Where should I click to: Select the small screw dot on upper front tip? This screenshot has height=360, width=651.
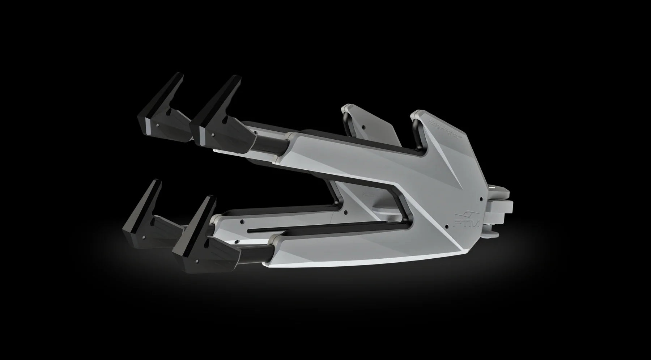(212, 134)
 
